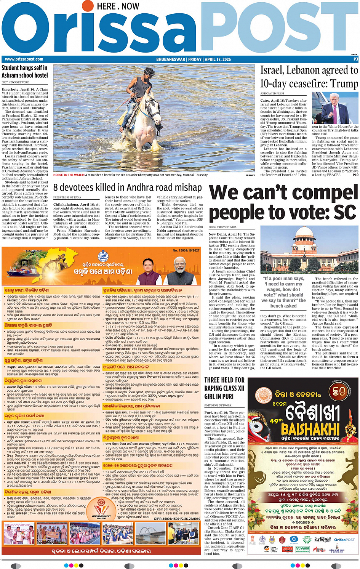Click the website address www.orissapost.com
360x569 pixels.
tap(24, 59)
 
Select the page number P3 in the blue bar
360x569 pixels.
tap(355, 59)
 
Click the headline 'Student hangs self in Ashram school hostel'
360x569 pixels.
tap(25, 71)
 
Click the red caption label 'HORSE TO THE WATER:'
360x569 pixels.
tap(69, 175)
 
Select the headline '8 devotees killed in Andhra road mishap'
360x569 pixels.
tap(127, 188)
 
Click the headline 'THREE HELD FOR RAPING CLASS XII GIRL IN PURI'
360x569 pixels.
tap(224, 388)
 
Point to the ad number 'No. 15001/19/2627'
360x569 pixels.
tap(186, 250)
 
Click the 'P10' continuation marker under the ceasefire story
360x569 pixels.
tap(355, 175)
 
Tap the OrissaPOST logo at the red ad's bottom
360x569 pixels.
tap(344, 540)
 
